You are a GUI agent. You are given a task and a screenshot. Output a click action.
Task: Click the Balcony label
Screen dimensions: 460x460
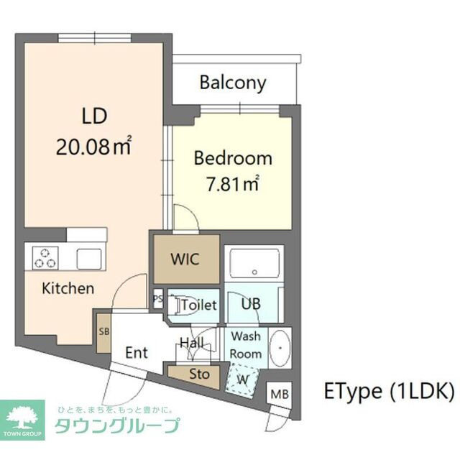pyautogui.click(x=233, y=82)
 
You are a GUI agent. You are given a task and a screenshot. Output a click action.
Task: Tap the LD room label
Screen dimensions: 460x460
pyautogui.click(x=94, y=116)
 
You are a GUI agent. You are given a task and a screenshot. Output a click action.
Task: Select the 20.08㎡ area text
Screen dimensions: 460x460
pyautogui.click(x=93, y=147)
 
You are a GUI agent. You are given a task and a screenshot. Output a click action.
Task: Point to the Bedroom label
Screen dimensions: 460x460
pyautogui.click(x=233, y=159)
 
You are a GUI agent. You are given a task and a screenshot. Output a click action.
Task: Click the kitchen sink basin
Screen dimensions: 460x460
pyautogui.click(x=91, y=258)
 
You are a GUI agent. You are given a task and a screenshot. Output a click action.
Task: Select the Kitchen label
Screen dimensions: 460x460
pyautogui.click(x=68, y=289)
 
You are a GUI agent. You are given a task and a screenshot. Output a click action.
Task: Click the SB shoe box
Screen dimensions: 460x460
pyautogui.click(x=103, y=331)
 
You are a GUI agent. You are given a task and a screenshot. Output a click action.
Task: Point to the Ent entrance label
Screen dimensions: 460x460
pyautogui.click(x=137, y=353)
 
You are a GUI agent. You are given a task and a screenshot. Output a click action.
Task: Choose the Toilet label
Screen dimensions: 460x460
pyautogui.click(x=198, y=305)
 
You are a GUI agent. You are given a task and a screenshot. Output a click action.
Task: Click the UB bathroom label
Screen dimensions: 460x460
pyautogui.click(x=250, y=304)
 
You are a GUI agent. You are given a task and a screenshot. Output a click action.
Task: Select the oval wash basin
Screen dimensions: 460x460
pyautogui.click(x=279, y=347)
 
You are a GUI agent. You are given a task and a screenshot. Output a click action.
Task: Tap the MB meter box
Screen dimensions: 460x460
pyautogui.click(x=280, y=394)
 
